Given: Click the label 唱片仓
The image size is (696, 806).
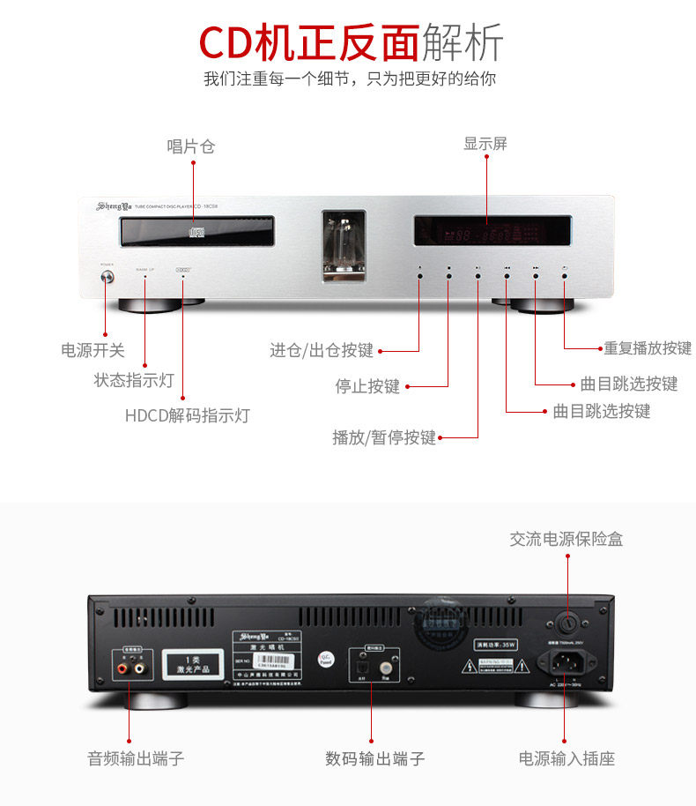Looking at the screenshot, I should click(x=191, y=146).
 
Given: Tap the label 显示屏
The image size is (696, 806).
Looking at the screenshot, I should click(x=485, y=144).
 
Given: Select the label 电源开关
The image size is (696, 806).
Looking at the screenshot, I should click(x=93, y=350).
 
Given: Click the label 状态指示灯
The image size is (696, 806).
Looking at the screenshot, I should click(x=134, y=381).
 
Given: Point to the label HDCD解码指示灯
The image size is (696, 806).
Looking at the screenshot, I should click(x=187, y=415).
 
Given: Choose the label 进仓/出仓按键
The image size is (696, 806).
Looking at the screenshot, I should click(x=322, y=351).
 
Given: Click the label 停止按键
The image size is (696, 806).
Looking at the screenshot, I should click(x=367, y=386).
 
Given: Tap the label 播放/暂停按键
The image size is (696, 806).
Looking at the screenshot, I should click(x=384, y=437).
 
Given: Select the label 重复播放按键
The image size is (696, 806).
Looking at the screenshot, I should click(x=648, y=348).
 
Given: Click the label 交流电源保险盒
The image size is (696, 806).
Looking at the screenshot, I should click(x=566, y=539).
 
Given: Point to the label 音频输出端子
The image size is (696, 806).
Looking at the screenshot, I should click(x=136, y=758).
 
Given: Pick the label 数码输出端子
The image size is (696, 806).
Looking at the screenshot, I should click(x=374, y=758).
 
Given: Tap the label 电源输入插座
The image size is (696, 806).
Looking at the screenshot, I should click(x=566, y=758).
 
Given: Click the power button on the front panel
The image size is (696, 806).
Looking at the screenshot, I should click(x=107, y=278).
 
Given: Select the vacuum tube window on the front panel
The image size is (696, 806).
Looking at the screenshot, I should click(x=343, y=244).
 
